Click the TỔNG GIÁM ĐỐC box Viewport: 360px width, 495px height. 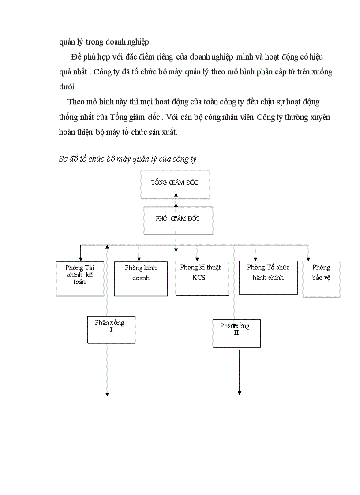(x=175, y=183)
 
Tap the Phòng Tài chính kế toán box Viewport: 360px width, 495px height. (x=80, y=279)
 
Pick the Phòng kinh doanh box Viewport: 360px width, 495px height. (x=140, y=279)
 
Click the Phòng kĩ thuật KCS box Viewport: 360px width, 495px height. (x=202, y=278)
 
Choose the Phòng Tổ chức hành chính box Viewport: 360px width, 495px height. (x=268, y=278)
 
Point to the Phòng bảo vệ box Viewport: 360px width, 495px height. (x=321, y=279)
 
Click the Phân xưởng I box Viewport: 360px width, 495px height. (x=111, y=329)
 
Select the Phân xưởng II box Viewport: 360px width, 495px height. (x=236, y=333)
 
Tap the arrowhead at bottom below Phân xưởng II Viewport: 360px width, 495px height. (x=240, y=392)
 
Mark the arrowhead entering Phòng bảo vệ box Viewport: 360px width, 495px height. (x=308, y=258)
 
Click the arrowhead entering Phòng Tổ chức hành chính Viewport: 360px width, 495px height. (x=255, y=258)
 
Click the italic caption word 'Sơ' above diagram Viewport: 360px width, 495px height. (x=63, y=160)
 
